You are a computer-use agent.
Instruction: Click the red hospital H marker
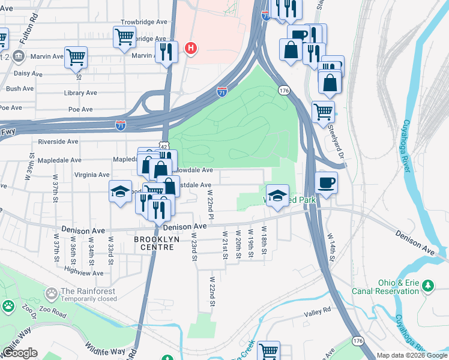coord(191,48)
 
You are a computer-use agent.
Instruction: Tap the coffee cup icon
coord(326,182)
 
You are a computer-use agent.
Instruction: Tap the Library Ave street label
coord(80,93)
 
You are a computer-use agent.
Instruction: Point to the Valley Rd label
coord(318,310)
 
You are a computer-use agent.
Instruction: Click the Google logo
coord(19,353)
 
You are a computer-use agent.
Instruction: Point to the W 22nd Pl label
coord(210,204)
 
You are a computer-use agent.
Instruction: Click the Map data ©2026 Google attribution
coord(411,355)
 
